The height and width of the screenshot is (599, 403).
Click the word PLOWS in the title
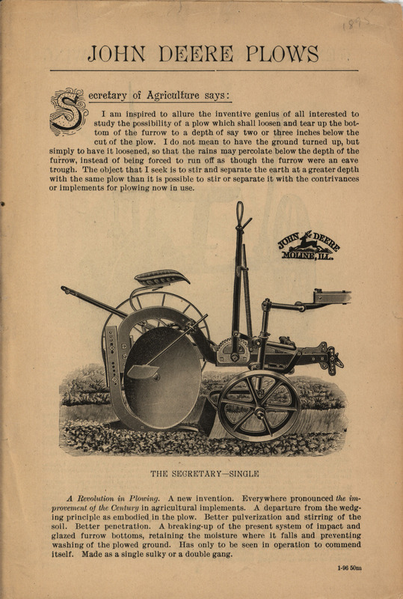(x=283, y=54)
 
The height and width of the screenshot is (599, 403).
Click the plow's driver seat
(x=161, y=278)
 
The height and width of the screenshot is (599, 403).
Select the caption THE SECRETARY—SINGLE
(x=204, y=473)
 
